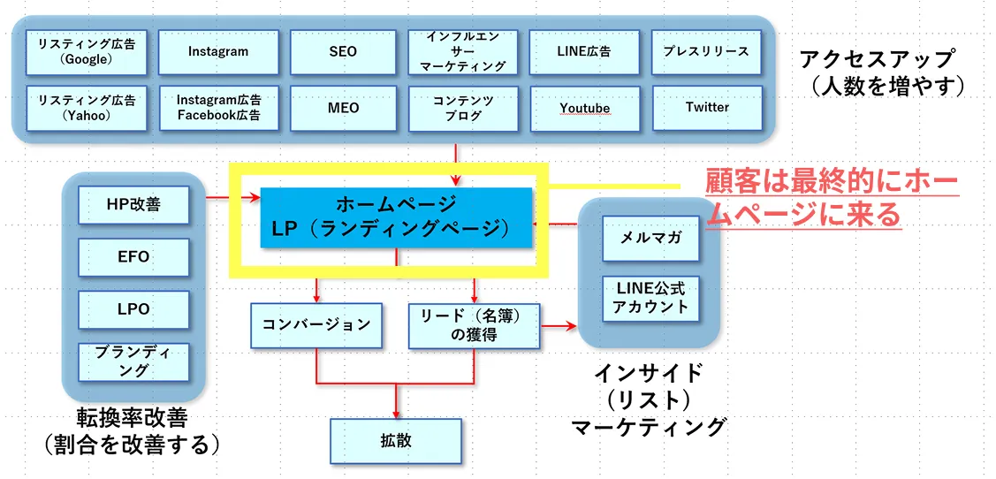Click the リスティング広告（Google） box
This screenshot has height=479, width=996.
[x=87, y=52]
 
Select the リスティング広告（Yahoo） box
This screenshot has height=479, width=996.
[x=87, y=108]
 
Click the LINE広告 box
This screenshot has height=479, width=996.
[x=584, y=52]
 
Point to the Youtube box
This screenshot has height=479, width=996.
[x=584, y=108]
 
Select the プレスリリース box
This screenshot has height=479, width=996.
[x=706, y=52]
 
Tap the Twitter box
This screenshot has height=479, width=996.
[x=706, y=108]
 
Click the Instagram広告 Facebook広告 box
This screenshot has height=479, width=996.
[x=218, y=108]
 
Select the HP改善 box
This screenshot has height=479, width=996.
[x=133, y=205]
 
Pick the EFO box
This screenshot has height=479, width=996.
[x=133, y=257]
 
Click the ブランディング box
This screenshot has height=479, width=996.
[x=133, y=361]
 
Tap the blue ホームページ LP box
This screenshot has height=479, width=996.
[x=397, y=217]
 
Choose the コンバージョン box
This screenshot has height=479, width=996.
[x=316, y=324]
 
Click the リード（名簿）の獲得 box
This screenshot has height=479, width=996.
[x=474, y=324]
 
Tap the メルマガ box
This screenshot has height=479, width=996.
[x=650, y=237]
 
